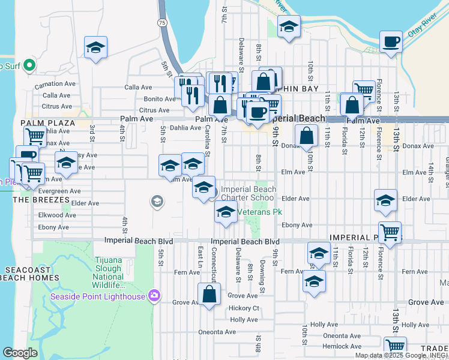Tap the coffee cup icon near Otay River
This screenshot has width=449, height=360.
point(391,42)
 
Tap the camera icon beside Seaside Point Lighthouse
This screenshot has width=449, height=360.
point(155,295)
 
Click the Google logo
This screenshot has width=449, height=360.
point(20,353)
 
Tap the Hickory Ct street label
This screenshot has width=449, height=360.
point(244,308)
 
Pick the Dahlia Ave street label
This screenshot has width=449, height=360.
point(184,128)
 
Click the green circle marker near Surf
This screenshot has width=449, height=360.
point(29,65)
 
